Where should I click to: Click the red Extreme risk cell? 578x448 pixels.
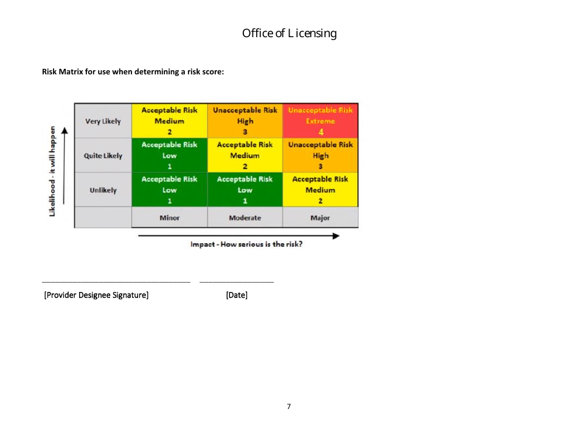click(320, 121)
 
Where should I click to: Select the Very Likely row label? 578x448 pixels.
click(103, 121)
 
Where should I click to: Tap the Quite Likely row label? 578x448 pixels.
click(103, 155)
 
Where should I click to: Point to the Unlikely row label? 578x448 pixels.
click(103, 190)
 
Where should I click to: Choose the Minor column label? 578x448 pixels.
click(169, 218)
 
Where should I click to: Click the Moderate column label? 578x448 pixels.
click(245, 218)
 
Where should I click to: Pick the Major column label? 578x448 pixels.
click(320, 218)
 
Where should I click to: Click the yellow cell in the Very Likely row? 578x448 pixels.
click(169, 121)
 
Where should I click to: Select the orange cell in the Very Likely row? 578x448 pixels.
click(245, 121)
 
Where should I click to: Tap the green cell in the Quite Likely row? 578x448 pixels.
click(169, 155)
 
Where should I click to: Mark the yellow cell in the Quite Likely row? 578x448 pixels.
click(245, 155)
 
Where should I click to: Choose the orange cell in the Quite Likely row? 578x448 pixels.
click(320, 155)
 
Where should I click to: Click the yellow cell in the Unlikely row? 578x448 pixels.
click(320, 190)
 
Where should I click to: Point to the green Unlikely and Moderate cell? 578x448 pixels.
click(245, 190)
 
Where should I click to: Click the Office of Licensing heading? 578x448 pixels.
click(289, 34)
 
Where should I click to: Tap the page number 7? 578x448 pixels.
click(289, 406)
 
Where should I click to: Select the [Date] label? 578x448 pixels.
click(237, 296)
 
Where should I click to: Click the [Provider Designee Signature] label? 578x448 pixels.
click(96, 296)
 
